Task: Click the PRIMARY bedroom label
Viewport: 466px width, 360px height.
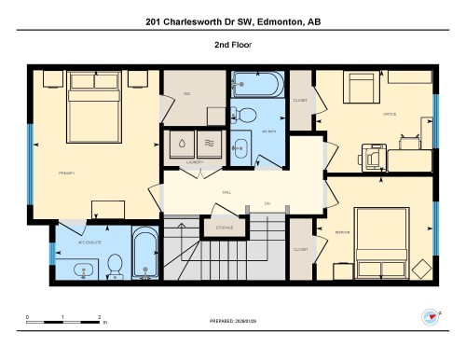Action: (65, 172)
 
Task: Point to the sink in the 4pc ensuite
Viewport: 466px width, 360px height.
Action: (83, 271)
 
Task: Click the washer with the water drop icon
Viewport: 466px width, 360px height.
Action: (180, 144)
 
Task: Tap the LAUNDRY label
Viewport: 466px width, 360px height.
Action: (194, 162)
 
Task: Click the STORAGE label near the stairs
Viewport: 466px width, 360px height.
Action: (225, 228)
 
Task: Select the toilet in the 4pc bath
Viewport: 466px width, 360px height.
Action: (247, 115)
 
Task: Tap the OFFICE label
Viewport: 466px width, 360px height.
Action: (390, 114)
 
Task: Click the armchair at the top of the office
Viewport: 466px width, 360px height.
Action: (361, 89)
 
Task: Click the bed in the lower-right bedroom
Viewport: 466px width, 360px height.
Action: (390, 241)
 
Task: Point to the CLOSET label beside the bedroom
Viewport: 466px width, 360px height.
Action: (300, 249)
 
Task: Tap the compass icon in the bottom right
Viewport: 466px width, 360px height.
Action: (431, 318)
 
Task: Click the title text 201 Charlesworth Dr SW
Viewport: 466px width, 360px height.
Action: (232, 21)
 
